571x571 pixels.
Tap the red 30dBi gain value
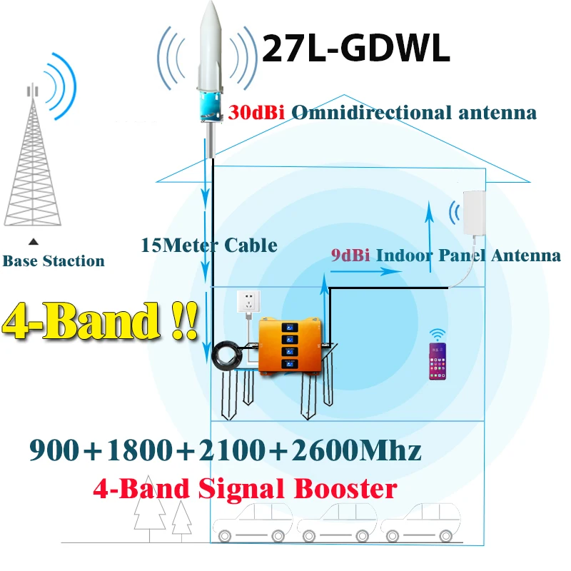pos(256,112)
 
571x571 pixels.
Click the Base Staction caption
pos(54,261)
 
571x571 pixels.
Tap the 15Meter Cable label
pos(209,245)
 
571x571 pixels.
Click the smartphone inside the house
pos(437,363)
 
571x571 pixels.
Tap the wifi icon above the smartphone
pos(437,334)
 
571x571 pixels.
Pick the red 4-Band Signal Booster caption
pos(244,488)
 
